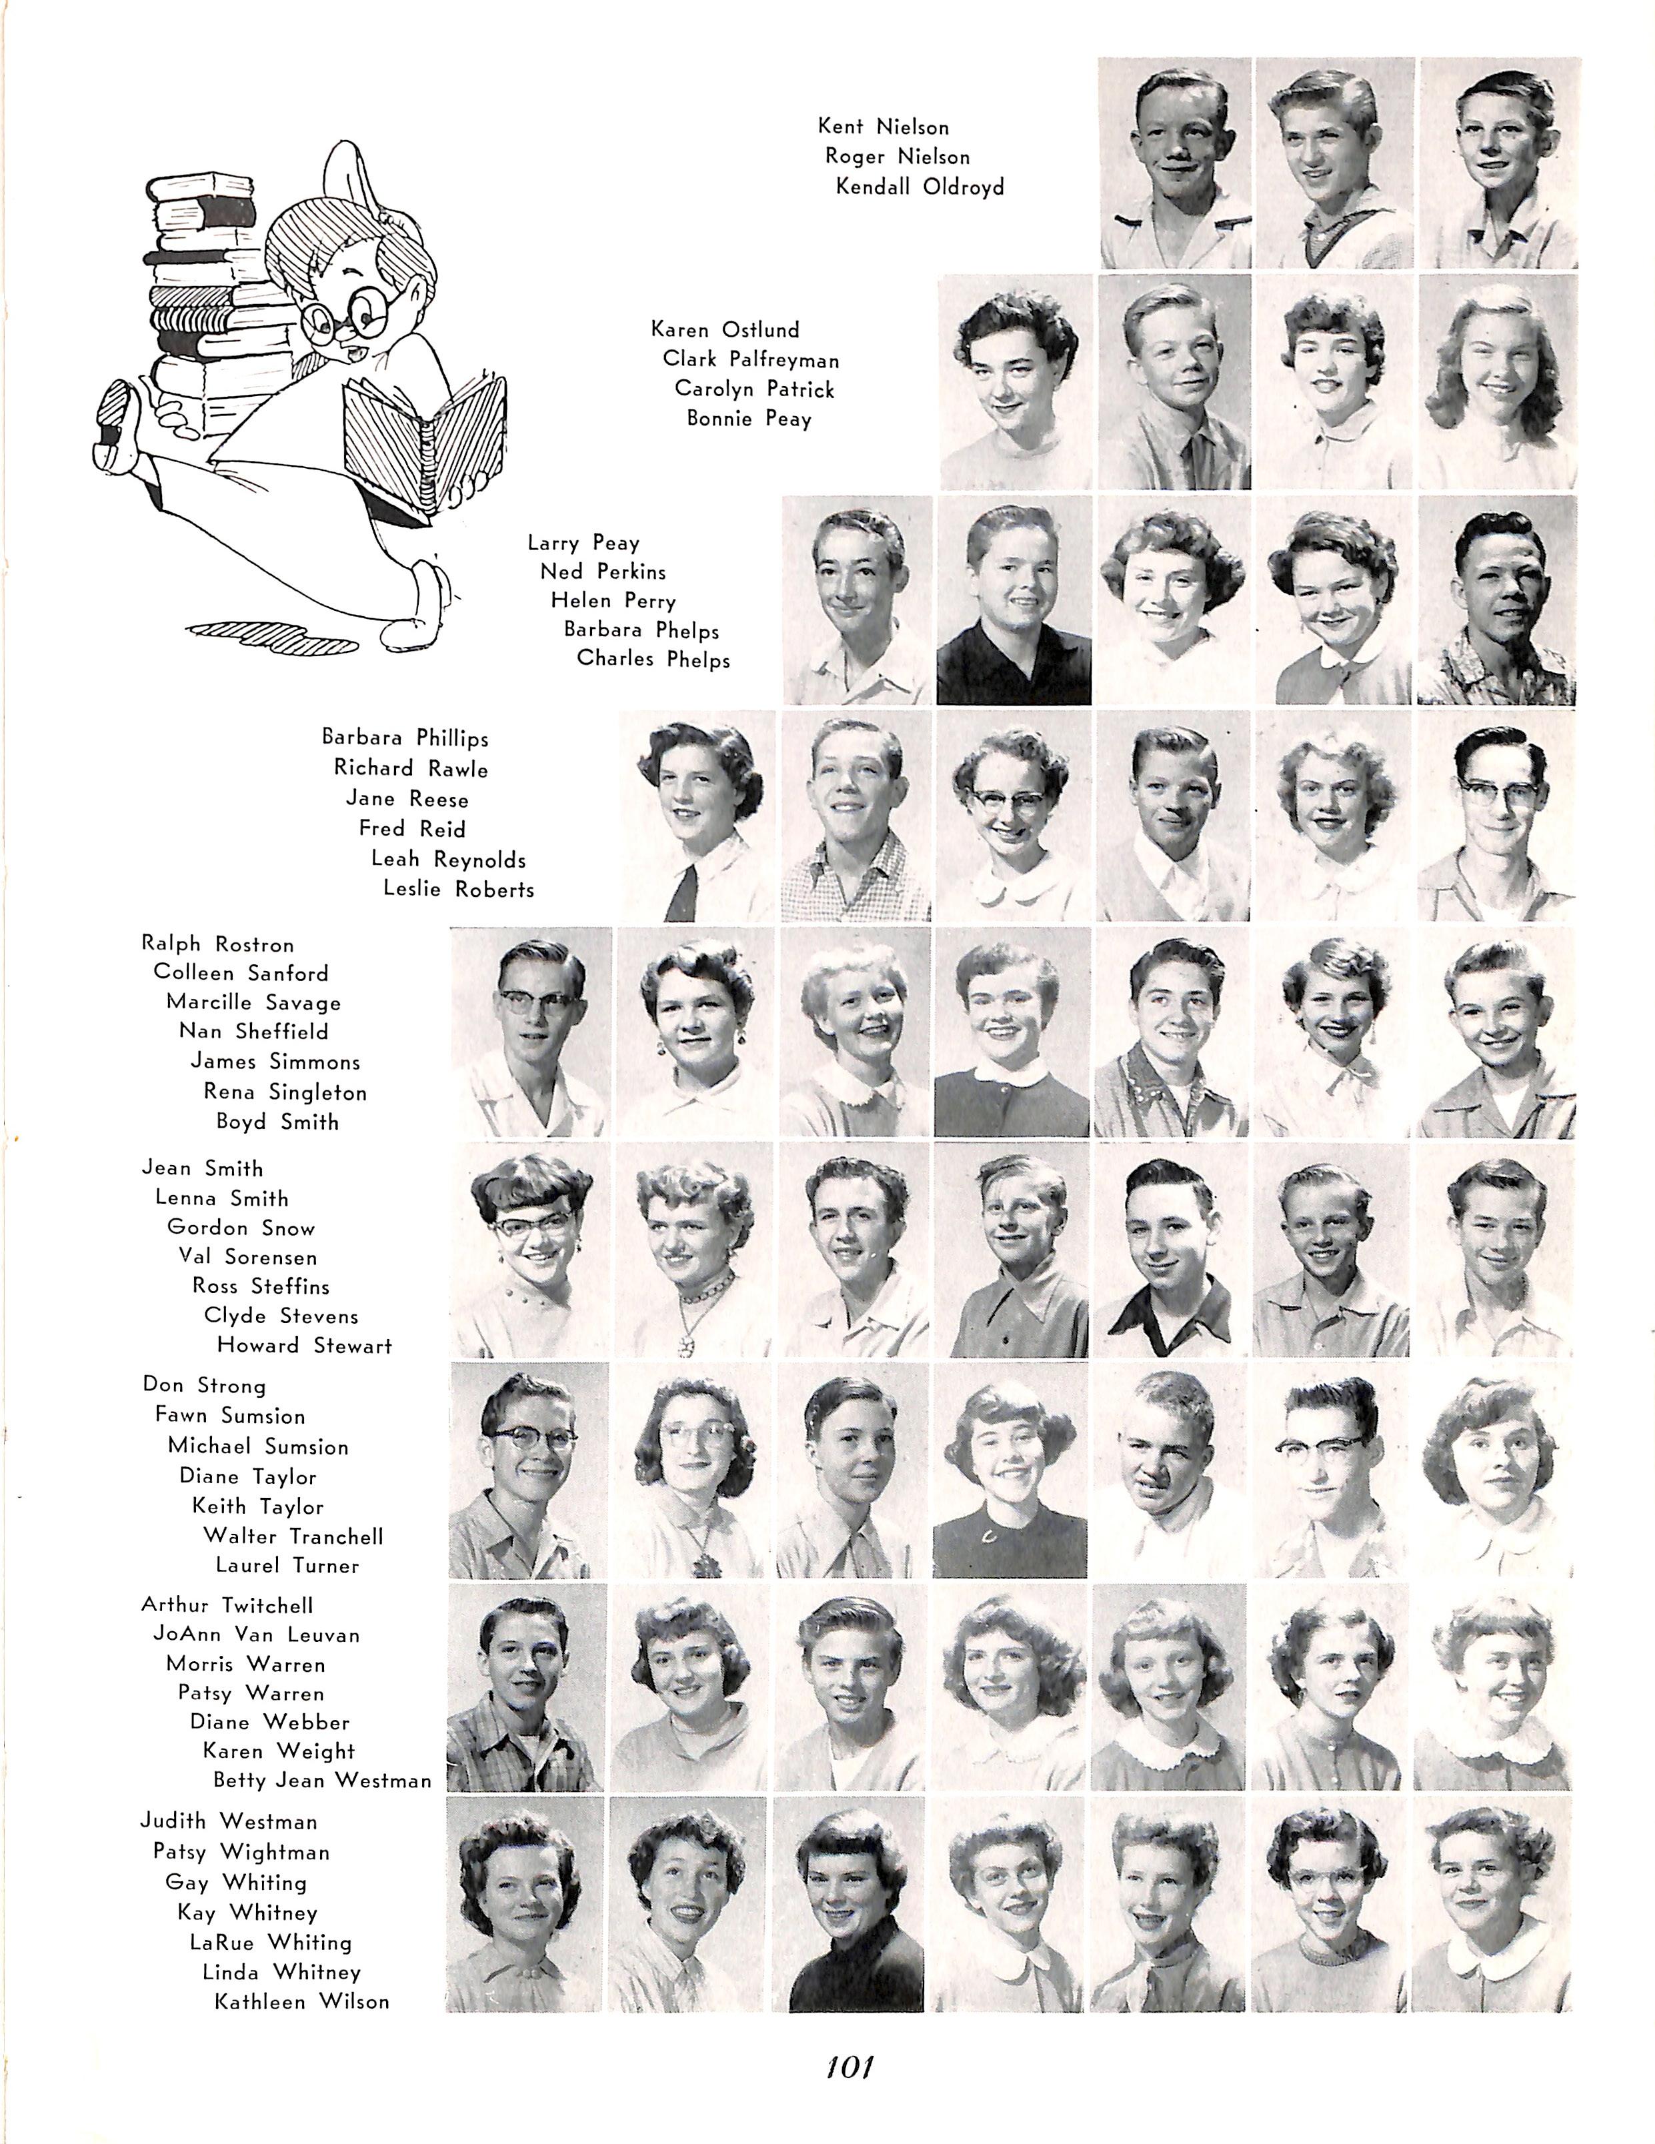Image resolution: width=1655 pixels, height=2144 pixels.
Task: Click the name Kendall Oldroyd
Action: point(920,187)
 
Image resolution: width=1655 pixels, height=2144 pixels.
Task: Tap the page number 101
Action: point(849,2067)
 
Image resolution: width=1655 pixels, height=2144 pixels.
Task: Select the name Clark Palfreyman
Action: point(751,359)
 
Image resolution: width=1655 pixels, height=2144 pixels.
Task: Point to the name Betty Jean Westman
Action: point(322,1780)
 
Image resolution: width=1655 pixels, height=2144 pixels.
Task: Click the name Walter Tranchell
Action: point(293,1536)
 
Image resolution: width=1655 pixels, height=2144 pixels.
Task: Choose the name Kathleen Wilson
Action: point(301,2002)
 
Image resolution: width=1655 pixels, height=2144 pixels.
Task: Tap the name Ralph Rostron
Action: point(218,944)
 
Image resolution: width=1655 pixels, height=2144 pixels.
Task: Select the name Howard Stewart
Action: point(304,1346)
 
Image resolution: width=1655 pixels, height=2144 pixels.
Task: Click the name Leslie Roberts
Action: point(458,890)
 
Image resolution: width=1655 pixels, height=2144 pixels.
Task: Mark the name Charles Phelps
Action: point(653,659)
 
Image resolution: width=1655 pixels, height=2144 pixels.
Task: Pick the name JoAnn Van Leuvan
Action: point(256,1635)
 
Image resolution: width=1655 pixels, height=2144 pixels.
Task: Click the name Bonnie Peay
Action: point(749,419)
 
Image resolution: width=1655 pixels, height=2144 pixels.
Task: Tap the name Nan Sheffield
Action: point(253,1032)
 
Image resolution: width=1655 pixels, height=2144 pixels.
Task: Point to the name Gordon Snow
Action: point(241,1228)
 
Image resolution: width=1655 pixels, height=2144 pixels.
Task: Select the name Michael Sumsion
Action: point(258,1447)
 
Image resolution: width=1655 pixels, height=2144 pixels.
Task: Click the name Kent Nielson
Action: point(884,127)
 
